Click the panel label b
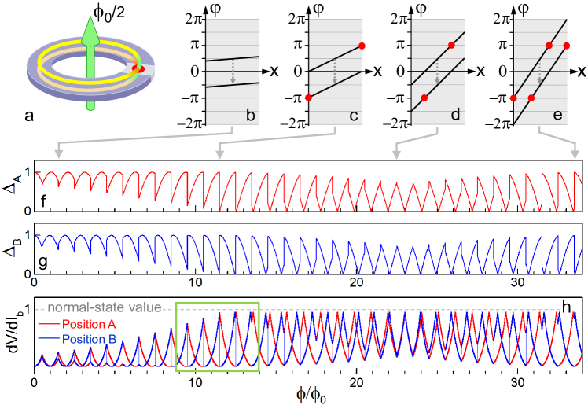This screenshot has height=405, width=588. click(250, 116)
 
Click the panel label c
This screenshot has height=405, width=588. click(354, 116)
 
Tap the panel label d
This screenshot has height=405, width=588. click(454, 116)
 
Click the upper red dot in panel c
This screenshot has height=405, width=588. click(362, 46)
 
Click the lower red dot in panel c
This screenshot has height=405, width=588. click(307, 98)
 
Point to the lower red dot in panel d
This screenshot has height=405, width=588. click(424, 98)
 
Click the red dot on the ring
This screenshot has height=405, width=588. click(138, 70)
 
